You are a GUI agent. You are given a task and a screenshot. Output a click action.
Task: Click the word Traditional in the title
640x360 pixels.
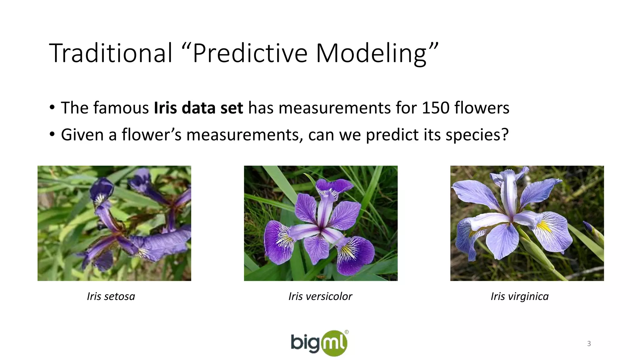[x=111, y=53]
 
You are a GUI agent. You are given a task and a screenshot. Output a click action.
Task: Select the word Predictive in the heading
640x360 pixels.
[x=250, y=53]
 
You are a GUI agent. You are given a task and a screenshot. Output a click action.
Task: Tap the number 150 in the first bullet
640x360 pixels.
[x=436, y=108]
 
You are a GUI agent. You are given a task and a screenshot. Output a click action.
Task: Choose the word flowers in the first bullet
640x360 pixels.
[x=482, y=108]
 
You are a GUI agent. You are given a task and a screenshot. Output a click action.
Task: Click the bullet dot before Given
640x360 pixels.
[x=52, y=135]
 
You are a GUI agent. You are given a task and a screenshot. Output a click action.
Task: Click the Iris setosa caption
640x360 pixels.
[x=111, y=296]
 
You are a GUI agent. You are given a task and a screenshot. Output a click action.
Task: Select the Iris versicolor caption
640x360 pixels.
[x=320, y=296]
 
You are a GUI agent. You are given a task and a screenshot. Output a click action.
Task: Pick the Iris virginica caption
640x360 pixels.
[x=519, y=296]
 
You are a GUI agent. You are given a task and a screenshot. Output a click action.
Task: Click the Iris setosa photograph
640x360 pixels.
[x=114, y=223]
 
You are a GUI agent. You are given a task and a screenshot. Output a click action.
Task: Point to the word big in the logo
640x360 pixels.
[x=305, y=343]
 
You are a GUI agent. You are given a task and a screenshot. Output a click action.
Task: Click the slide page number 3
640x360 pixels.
[x=589, y=344]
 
